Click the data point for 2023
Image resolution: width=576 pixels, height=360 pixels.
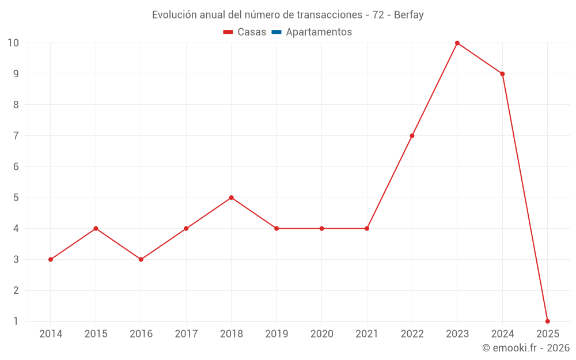coord(457,43)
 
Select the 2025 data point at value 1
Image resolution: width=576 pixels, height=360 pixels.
coord(547,321)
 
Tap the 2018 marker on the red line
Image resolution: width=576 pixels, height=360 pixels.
coord(232,198)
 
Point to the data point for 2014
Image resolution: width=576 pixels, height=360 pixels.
coord(51,259)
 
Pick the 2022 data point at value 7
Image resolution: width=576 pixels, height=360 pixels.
coord(412,136)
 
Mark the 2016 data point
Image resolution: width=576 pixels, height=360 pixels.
coord(141,259)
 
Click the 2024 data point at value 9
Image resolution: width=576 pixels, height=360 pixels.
coord(502,74)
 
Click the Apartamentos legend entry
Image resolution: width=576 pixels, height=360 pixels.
coord(319,32)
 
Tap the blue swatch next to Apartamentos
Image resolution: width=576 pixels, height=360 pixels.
coord(276,32)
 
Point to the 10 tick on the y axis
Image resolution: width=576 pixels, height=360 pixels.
coord(13,43)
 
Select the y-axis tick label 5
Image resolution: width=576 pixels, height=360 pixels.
coord(16,198)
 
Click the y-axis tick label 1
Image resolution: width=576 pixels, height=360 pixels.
coord(16,321)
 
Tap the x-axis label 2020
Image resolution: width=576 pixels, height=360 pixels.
coord(322,334)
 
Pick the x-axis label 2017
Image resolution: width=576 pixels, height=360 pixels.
coord(186,334)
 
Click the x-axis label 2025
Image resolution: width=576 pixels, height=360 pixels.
coord(547,334)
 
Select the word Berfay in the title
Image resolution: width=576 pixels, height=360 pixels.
coord(409,15)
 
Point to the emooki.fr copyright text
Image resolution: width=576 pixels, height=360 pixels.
coord(526,348)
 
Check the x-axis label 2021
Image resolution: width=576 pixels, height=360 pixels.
coord(367,334)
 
